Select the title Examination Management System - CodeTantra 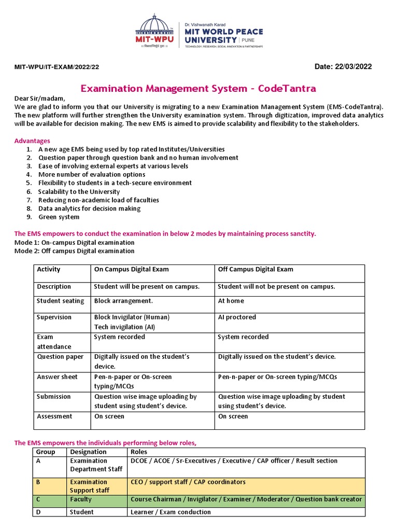(x=198, y=89)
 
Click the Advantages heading (x=32, y=141)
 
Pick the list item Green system (x=59, y=217)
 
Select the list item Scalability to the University (x=79, y=191)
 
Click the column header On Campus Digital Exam (x=131, y=269)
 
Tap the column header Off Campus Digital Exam (x=255, y=269)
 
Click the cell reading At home (x=231, y=301)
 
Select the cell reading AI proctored (x=237, y=317)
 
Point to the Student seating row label (x=60, y=301)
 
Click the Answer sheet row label (x=57, y=376)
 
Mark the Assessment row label (x=54, y=416)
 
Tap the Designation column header (x=89, y=452)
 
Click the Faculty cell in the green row (x=81, y=499)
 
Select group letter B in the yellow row (x=38, y=482)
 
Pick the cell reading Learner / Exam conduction (x=170, y=512)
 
